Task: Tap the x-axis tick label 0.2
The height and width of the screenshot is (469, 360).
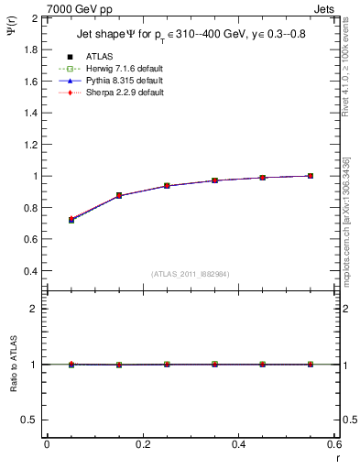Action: [x=142, y=444]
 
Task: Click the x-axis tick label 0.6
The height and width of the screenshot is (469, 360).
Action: [x=333, y=444]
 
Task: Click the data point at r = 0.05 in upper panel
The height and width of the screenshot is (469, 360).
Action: [x=71, y=220]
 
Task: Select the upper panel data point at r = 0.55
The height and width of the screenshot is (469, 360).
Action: [x=311, y=176]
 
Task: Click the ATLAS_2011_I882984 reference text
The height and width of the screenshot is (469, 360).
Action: [x=190, y=274]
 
